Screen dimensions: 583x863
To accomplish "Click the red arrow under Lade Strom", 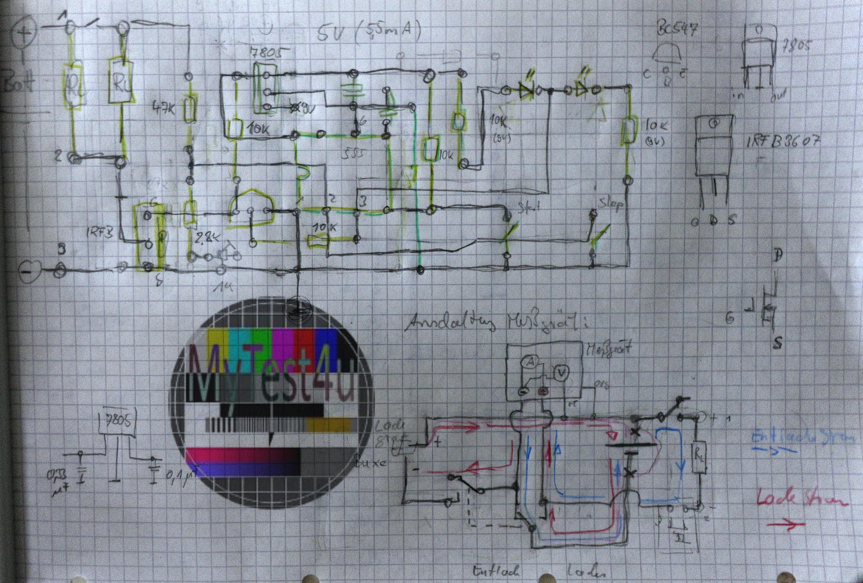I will click(x=785, y=525).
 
